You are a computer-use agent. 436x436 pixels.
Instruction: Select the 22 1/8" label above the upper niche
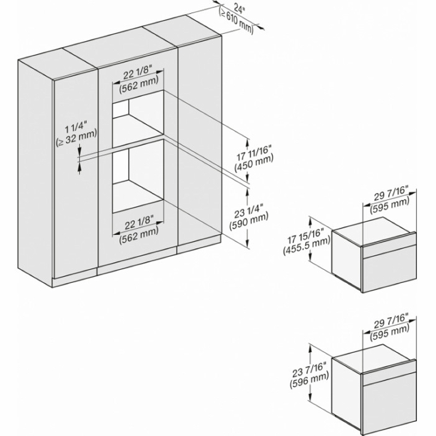point(138,74)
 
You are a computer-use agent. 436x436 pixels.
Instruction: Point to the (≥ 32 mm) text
point(76,137)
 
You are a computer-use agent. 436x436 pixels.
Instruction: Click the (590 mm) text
point(249,221)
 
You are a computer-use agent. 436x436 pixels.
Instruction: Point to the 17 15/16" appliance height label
point(306,237)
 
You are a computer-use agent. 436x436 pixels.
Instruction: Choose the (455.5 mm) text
point(307,247)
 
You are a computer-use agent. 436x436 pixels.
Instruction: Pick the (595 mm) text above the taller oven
point(390,332)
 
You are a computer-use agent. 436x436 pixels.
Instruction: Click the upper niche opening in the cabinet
point(138,118)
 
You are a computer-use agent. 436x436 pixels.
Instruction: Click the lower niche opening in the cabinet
point(138,176)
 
